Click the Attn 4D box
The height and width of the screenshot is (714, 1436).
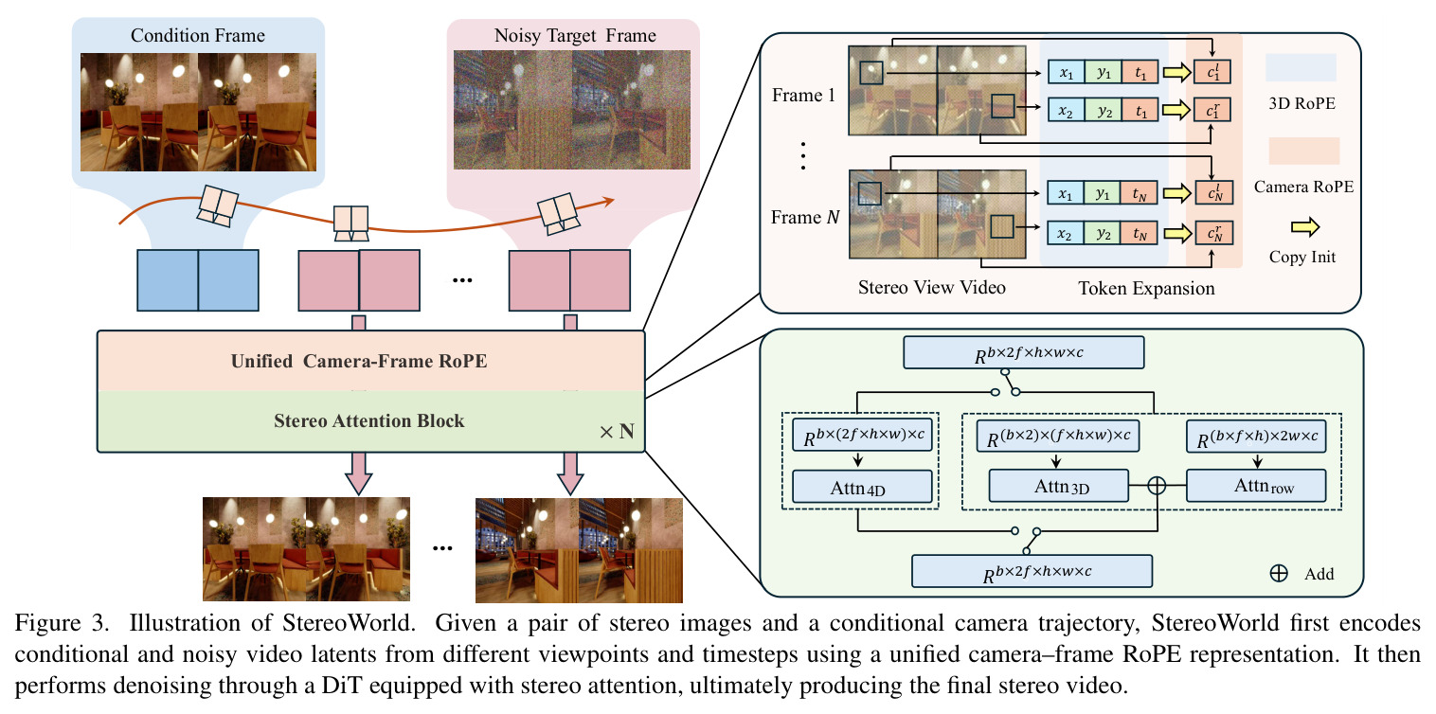tap(862, 487)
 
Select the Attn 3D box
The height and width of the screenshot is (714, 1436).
tap(1058, 486)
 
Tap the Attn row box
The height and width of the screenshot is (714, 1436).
tap(1256, 486)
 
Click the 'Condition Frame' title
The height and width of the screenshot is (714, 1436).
tap(197, 35)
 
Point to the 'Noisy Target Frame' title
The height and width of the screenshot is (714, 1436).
tap(575, 35)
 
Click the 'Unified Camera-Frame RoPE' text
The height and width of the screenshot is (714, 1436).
tap(359, 361)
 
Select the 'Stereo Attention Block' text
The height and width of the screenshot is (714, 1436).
tap(368, 420)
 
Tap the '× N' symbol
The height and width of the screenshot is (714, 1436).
tap(617, 432)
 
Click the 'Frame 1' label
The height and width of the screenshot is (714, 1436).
tap(803, 96)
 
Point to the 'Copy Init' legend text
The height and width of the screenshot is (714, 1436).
tap(1302, 257)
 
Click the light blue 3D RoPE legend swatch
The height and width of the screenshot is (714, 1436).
tap(1301, 67)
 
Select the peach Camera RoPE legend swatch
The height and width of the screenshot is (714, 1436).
tap(1304, 151)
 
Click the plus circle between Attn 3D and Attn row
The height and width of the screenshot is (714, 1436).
tap(1157, 485)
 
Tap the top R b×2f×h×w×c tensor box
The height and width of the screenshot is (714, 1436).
tap(1024, 352)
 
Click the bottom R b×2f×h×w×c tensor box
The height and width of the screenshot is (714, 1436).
tap(1032, 571)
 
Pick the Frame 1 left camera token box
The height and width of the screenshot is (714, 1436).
tap(1212, 72)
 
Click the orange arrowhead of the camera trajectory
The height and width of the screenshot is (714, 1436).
tap(608, 202)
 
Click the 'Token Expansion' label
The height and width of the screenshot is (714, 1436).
tap(1146, 289)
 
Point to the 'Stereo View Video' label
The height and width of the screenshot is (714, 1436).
tap(931, 287)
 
